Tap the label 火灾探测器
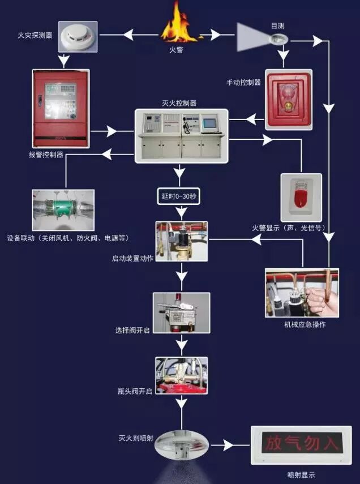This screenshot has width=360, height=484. coord(35,36)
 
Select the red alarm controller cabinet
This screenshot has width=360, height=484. coord(60,108)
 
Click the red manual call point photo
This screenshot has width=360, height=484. coord(289,98)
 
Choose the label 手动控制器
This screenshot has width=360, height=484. coord(243,83)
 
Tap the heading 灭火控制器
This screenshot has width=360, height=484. coord(179,103)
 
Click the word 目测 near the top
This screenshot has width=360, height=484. coord(278,27)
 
